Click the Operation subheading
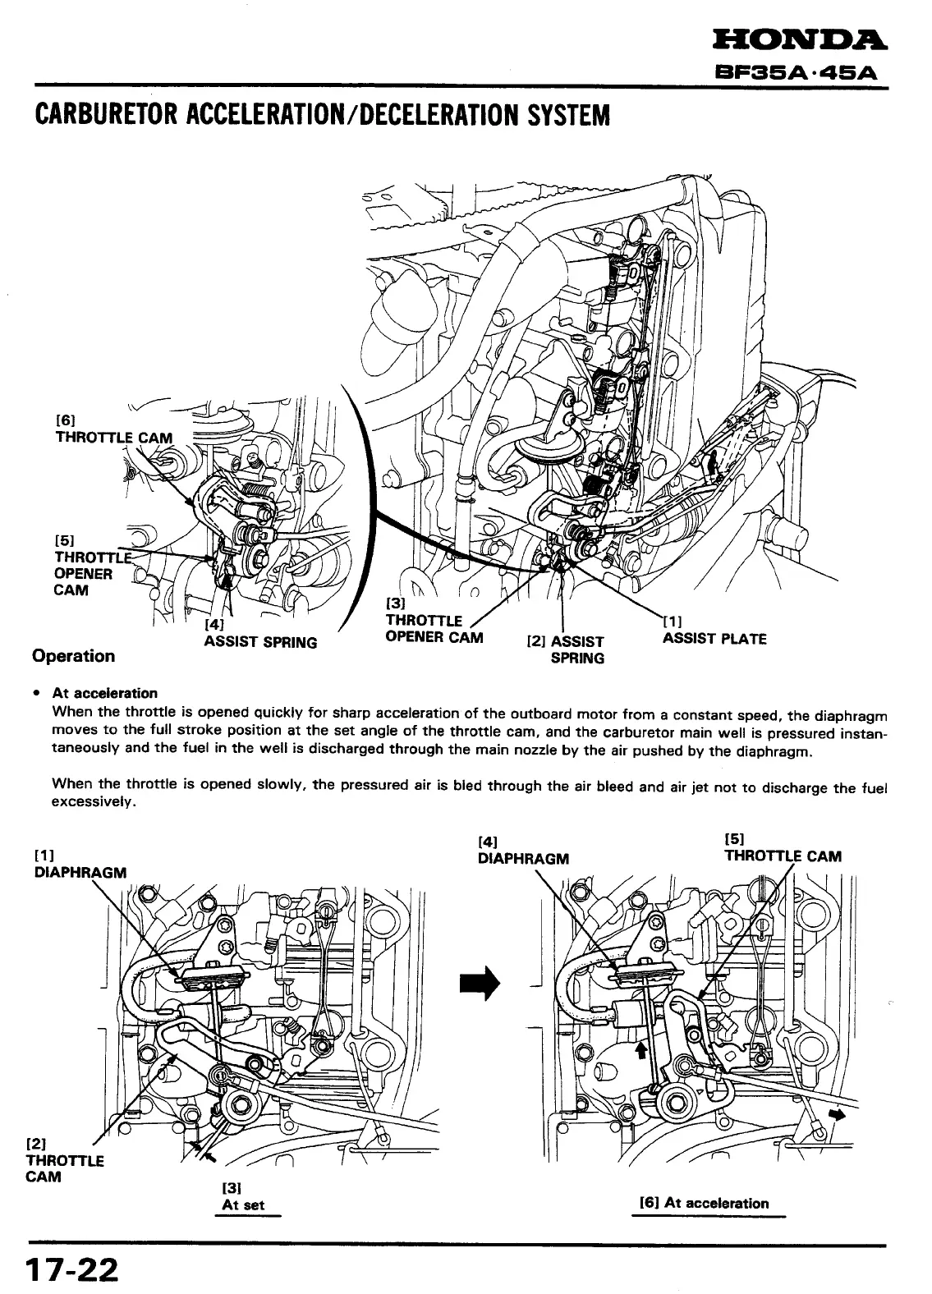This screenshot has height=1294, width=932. (73, 655)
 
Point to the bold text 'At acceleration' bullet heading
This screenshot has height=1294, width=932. (104, 693)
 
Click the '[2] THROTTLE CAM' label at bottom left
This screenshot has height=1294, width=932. (65, 1160)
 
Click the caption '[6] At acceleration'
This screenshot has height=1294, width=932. (705, 1204)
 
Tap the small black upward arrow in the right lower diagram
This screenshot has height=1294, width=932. (642, 1053)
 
